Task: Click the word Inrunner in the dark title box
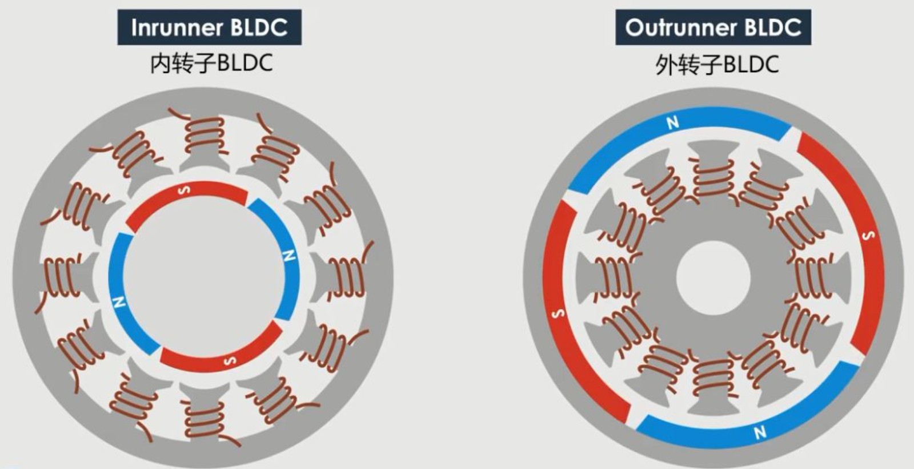pyautogui.click(x=177, y=28)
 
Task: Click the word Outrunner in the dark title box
pyautogui.click(x=681, y=28)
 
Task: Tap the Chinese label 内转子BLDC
pyautogui.click(x=211, y=63)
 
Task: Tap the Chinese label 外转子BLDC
pyautogui.click(x=717, y=65)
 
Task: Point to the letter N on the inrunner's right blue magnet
pyautogui.click(x=289, y=256)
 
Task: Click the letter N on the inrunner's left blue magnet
pyautogui.click(x=119, y=302)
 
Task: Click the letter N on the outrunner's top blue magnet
pyautogui.click(x=672, y=122)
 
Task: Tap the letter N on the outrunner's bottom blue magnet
pyautogui.click(x=760, y=432)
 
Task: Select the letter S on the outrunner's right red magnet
pyautogui.click(x=869, y=236)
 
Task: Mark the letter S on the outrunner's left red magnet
pyautogui.click(x=558, y=314)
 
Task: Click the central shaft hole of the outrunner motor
pyautogui.click(x=713, y=278)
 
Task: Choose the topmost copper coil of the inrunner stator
pyautogui.click(x=204, y=133)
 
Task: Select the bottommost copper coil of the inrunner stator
pyautogui.click(x=204, y=421)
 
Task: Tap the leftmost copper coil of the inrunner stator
pyautogui.click(x=61, y=277)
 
